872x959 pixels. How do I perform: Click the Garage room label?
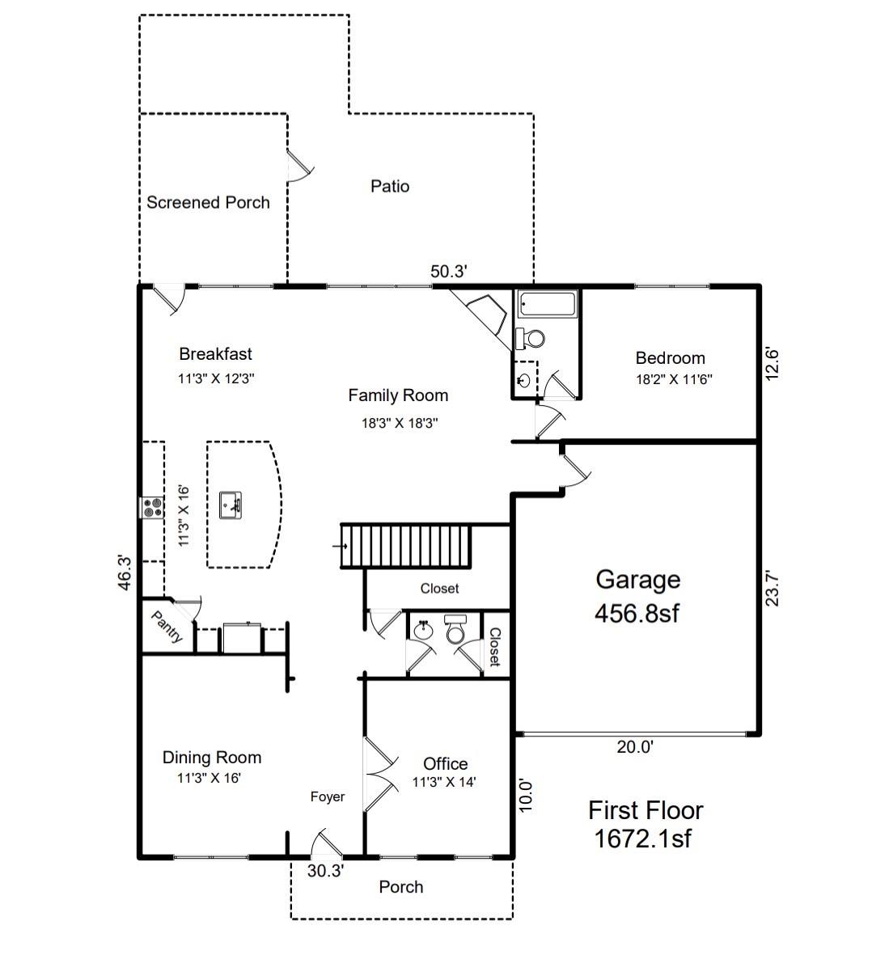[637, 579]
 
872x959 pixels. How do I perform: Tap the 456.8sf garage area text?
[637, 614]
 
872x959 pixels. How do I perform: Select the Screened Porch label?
[208, 202]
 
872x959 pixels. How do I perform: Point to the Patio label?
[390, 186]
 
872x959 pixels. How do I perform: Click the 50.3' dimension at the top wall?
[448, 272]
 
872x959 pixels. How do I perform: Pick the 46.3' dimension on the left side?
[125, 572]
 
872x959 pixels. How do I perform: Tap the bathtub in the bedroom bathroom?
[548, 305]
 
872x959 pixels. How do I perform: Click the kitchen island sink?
[231, 505]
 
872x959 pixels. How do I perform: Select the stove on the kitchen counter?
[151, 508]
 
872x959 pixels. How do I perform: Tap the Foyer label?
[328, 796]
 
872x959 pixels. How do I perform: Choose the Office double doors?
[379, 774]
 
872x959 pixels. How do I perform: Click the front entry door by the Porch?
[326, 844]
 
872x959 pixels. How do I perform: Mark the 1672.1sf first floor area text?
[643, 839]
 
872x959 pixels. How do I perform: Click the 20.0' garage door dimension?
[635, 747]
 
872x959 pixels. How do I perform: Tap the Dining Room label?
[212, 758]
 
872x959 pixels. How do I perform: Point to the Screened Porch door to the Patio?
[299, 166]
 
